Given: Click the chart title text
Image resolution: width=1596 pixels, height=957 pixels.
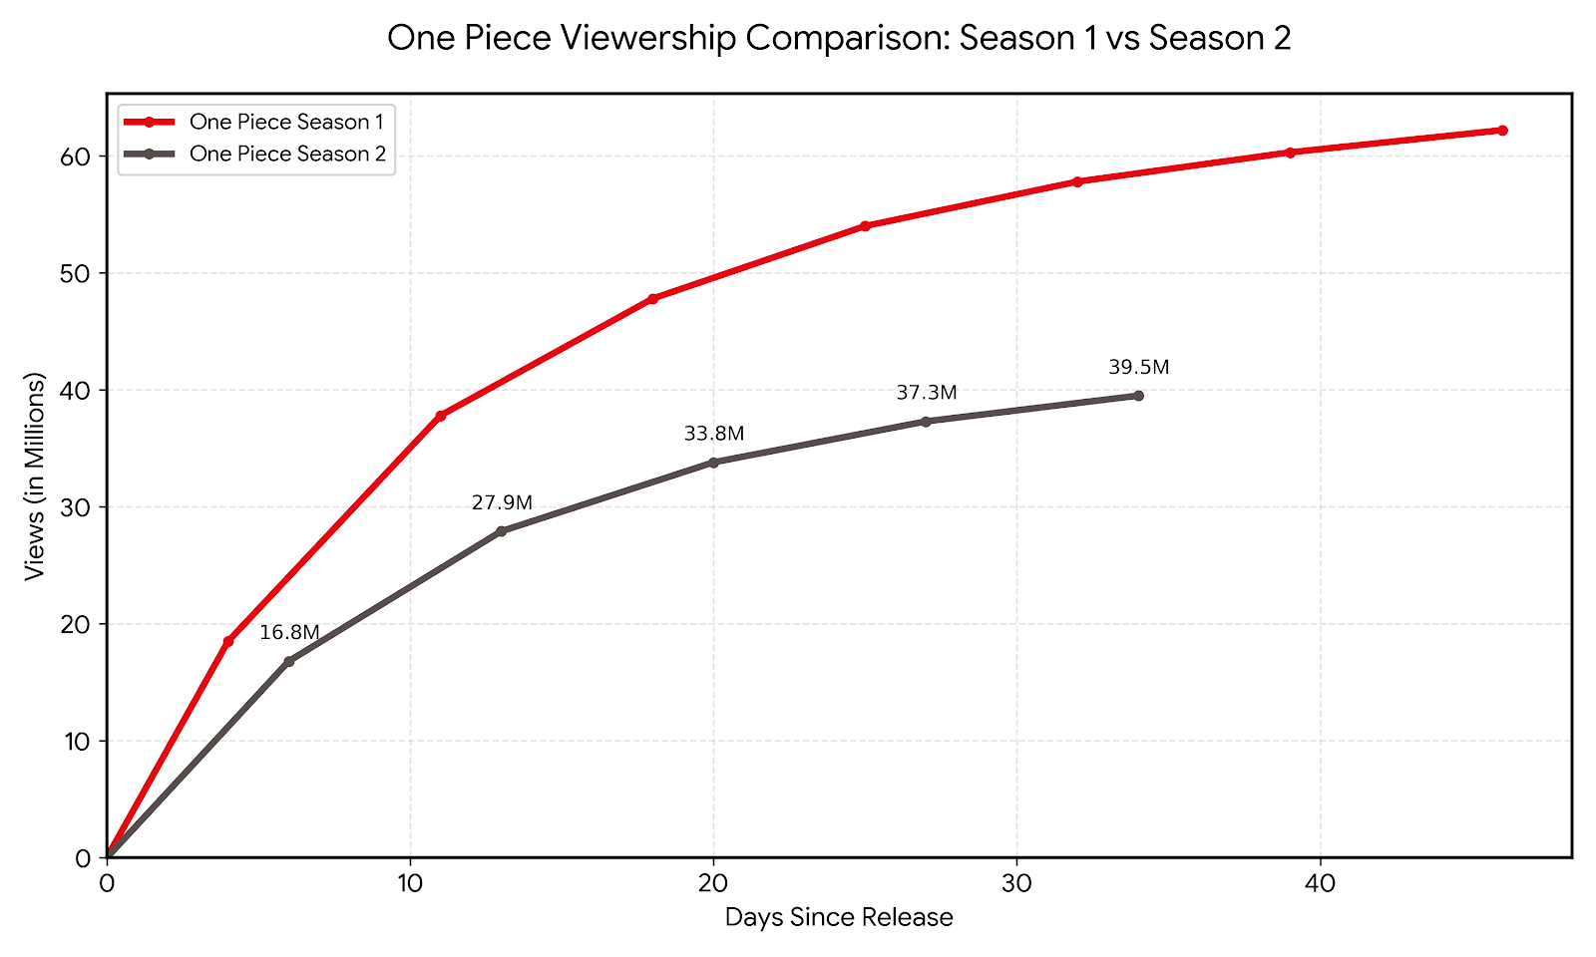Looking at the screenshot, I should click(838, 39).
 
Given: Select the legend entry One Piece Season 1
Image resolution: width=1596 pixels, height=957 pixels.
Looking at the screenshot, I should click(286, 122).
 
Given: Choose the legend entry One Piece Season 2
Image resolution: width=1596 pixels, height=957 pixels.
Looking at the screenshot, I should click(287, 154).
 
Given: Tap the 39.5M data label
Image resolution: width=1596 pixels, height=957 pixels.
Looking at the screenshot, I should click(1138, 368).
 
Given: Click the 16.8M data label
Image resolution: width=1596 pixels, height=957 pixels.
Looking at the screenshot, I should click(289, 633).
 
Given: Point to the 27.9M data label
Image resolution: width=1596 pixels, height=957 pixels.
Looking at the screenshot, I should click(502, 503).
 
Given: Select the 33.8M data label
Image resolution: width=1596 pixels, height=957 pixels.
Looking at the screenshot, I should click(714, 435).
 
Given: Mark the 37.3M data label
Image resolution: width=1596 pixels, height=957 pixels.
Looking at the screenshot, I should click(926, 394).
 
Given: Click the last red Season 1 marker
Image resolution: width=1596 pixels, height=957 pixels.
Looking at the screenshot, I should click(1502, 131).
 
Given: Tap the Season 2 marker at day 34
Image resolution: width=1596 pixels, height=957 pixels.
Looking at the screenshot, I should click(1138, 396).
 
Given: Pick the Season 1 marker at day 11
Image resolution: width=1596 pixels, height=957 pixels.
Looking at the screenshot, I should click(441, 415).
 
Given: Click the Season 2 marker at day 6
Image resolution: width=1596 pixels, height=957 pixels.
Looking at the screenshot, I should click(289, 661).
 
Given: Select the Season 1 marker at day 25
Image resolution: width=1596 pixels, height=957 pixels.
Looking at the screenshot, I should click(865, 226).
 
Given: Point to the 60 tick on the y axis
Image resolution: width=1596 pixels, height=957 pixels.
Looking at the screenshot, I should click(79, 157).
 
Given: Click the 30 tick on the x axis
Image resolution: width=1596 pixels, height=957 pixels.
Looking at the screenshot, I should click(1016, 883).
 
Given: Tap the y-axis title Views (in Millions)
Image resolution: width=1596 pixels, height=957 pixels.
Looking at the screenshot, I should click(36, 477).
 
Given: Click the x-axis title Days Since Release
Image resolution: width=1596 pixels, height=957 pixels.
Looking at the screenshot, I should click(838, 918).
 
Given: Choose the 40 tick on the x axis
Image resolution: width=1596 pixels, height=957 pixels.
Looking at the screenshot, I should click(1320, 883).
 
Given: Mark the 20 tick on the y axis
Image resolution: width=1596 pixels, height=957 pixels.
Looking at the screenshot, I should click(79, 624).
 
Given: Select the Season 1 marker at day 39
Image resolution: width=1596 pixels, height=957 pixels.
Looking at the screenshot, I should click(1290, 153).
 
